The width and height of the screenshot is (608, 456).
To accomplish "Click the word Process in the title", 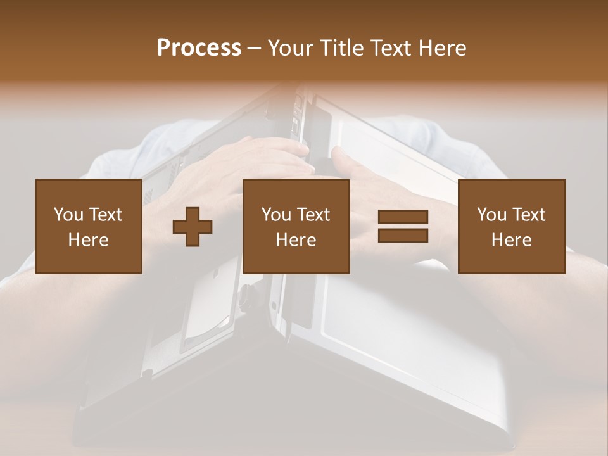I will point(199,48).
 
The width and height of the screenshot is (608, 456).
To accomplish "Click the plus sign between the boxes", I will point(193,227).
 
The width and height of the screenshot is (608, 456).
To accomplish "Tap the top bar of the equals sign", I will point(403,217).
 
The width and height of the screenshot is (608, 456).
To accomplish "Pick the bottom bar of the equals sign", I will point(403,236).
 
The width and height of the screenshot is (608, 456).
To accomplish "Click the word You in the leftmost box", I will point(68,215).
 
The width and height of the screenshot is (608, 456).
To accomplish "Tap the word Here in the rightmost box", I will point(512,240).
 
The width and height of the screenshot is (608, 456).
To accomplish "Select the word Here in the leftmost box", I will point(89,240).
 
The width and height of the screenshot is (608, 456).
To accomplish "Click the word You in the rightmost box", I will point(491,215).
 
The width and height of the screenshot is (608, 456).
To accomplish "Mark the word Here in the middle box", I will point(296,240).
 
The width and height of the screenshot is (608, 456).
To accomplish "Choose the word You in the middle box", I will point(276,215).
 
